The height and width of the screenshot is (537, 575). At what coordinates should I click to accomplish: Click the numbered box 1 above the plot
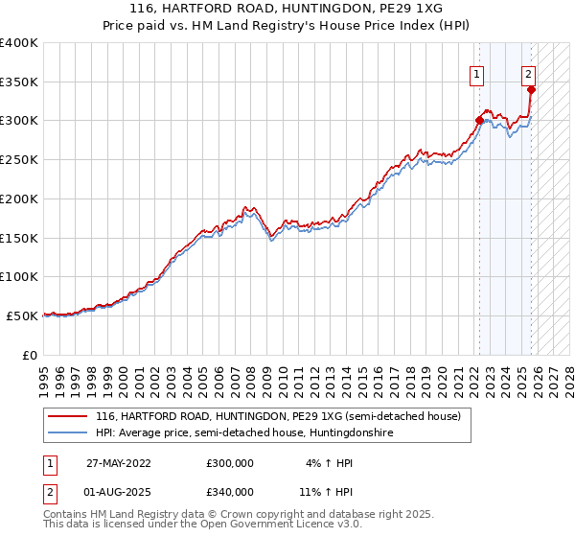click(x=476, y=73)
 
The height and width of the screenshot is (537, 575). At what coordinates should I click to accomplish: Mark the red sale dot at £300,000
click(x=479, y=120)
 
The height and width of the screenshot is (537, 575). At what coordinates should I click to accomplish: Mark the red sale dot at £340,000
click(x=531, y=89)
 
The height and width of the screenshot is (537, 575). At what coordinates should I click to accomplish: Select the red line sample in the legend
click(x=69, y=416)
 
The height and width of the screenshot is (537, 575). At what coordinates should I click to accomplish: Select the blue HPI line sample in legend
click(x=69, y=433)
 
